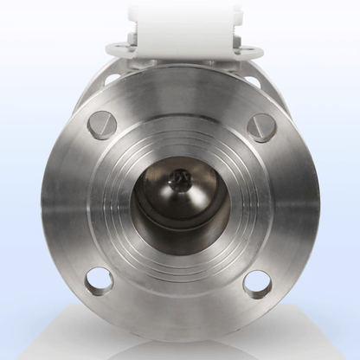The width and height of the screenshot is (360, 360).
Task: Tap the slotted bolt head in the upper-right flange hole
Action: tap(260, 126)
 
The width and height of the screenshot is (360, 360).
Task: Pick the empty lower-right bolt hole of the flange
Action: tap(256, 282)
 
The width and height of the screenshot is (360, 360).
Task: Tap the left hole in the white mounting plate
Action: tap(116, 48)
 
